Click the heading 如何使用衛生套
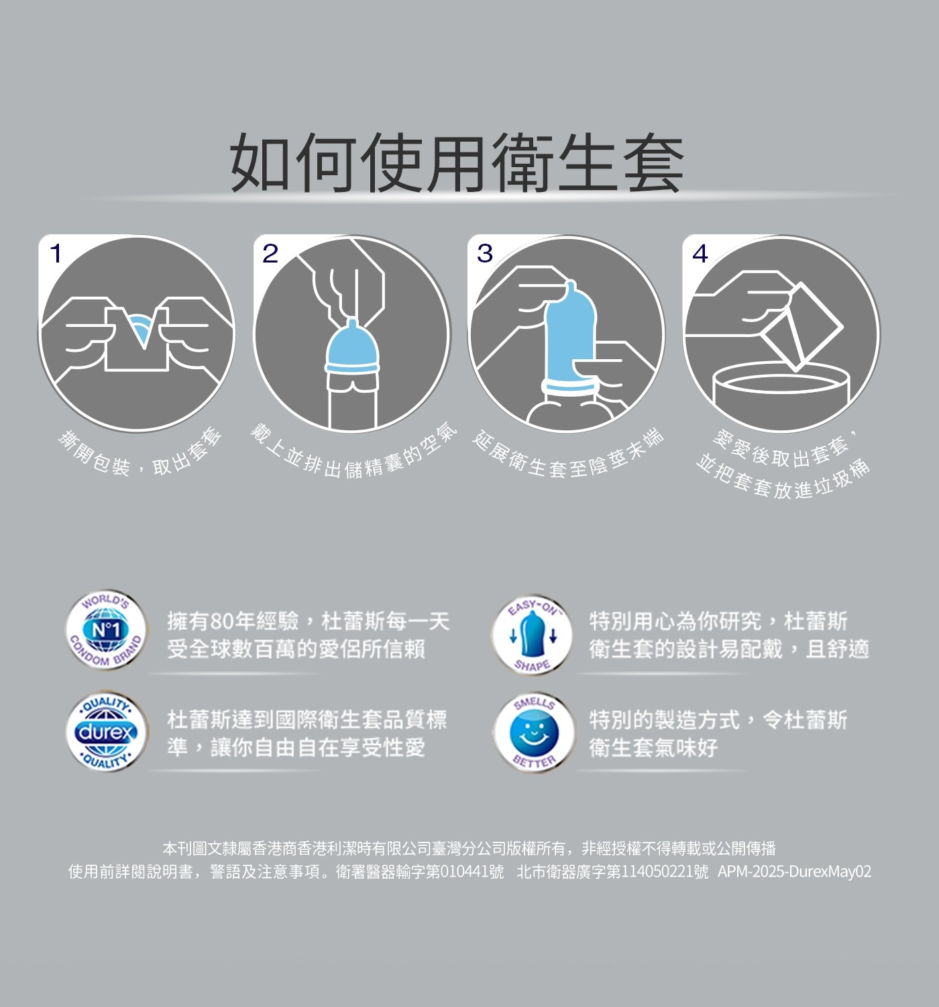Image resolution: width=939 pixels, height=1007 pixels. pos(457,162)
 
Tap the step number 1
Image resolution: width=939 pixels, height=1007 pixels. pos(56,254)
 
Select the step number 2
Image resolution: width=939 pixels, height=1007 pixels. pos(270,254)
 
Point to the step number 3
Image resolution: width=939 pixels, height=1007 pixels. pos(485,254)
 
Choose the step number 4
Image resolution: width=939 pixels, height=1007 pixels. pos(700,254)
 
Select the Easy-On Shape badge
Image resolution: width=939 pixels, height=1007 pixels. pos(532,635)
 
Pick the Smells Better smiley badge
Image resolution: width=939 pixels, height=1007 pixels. pos(534,732)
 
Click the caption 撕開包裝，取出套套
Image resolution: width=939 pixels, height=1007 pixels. pos(140,454)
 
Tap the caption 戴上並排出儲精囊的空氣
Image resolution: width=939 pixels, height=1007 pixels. pos(353,454)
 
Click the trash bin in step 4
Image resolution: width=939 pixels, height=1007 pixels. pos(781,395)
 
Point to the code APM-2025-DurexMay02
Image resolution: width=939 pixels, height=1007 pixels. pos(794,871)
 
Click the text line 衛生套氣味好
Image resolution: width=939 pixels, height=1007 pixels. pos(654,747)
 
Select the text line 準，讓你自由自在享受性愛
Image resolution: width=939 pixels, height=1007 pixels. pos(296,747)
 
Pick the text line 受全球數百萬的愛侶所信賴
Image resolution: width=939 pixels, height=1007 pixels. pos(296,649)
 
